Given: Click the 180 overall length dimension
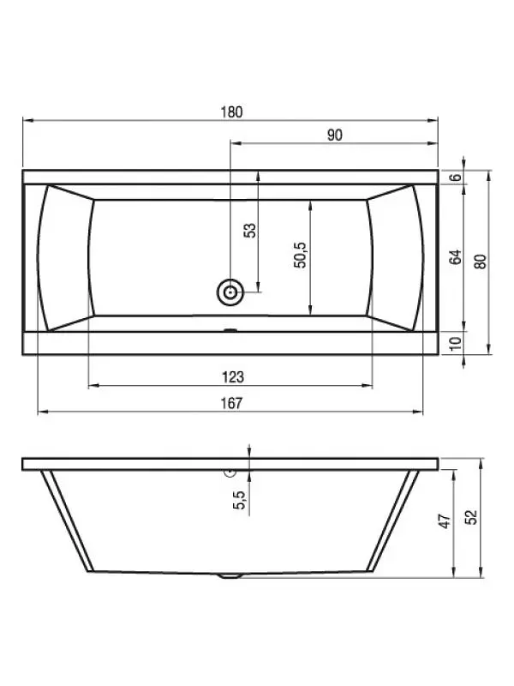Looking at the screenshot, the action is coord(231,112).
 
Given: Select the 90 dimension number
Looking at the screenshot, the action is coord(335,135).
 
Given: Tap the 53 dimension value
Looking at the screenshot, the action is coord(250,230).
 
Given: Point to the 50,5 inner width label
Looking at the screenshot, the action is coord(301,255).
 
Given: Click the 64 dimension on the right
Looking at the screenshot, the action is coord(456,256).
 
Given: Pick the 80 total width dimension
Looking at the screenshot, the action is coord(481,262).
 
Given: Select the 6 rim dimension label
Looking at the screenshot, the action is coord(456,178).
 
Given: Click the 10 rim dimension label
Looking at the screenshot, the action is coord(456,344).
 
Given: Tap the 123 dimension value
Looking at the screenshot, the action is coord(232,377).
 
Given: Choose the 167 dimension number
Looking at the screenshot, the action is coord(231,403).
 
